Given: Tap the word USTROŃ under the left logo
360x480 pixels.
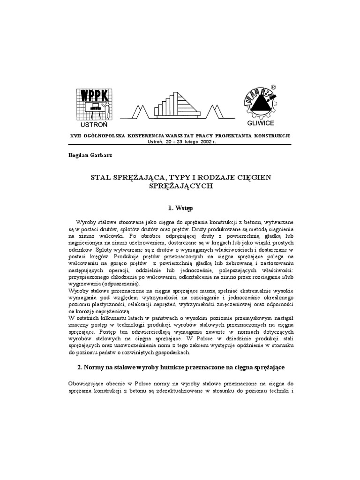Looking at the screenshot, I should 94,125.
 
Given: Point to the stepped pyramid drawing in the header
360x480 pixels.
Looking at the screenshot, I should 177,105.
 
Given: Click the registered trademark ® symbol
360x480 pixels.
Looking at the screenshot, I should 273,87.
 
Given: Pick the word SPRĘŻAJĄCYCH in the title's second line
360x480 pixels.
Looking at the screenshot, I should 180,186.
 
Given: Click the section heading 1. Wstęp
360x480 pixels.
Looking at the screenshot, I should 180,207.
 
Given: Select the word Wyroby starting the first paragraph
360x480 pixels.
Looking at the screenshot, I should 86,221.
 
